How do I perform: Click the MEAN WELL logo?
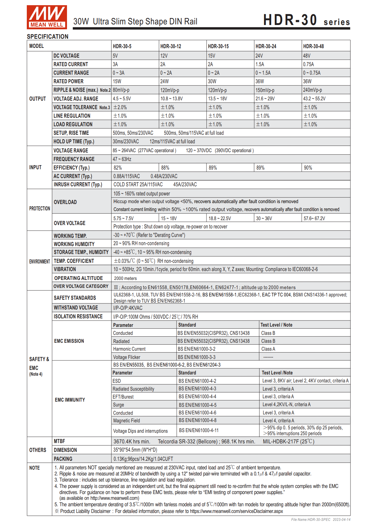pyautogui.click(x=47, y=17)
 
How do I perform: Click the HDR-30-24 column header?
pyautogui.click(x=266, y=46)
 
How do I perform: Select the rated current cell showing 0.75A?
pyautogui.click(x=308, y=64)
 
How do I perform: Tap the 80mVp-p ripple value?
pyautogui.click(x=121, y=90)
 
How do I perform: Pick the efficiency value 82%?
pyautogui.click(x=118, y=168)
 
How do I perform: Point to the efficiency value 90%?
pyautogui.click(x=308, y=168)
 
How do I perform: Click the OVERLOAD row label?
pyautogui.click(x=65, y=202)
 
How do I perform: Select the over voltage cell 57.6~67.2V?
pyautogui.click(x=314, y=218)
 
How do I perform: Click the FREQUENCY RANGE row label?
pyautogui.click(x=74, y=159)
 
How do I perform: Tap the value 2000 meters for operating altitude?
pyautogui.click(x=125, y=278)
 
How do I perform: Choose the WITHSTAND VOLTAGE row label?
pyautogui.click(x=76, y=308)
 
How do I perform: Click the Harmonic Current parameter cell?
pyautogui.click(x=129, y=349)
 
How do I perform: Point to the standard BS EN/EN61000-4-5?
pyautogui.click(x=198, y=405)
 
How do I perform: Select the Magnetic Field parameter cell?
pyautogui.click(x=127, y=421)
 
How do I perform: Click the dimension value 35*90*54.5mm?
pyautogui.click(x=135, y=450)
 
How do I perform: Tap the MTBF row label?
pyautogui.click(x=59, y=441)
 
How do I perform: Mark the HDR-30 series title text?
pyautogui.click(x=306, y=20)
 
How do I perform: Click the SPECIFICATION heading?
pyautogui.click(x=48, y=37)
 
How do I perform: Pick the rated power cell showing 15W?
pyautogui.click(x=117, y=81)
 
